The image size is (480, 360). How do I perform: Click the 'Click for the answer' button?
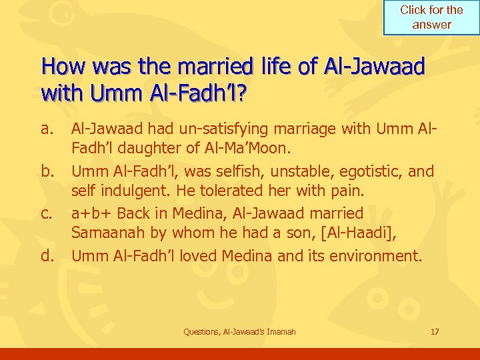pos(431,17)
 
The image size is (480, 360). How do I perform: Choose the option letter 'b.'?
pos(48,172)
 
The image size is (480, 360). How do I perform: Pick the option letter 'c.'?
pos(48,214)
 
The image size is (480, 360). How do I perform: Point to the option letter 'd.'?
pos(48,256)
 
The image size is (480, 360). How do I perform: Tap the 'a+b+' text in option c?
pos(93,214)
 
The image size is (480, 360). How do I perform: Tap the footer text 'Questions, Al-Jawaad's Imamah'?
pos(239,332)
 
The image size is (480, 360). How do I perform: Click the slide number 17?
pos(435,332)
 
